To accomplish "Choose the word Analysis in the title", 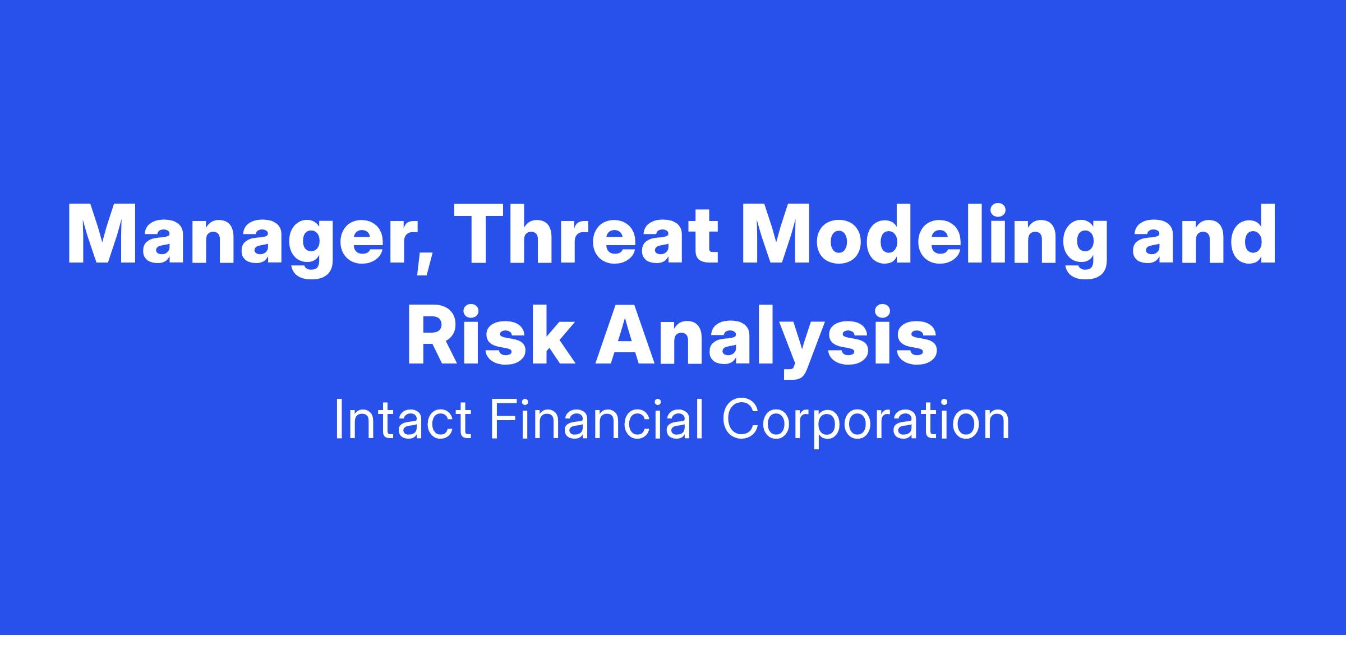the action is [x=766, y=340].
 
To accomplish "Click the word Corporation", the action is [x=866, y=424].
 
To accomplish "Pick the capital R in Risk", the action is [x=434, y=335].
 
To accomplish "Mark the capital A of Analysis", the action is [x=626, y=335].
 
